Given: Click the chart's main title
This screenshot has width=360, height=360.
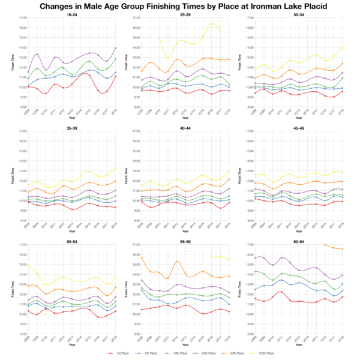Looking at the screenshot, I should click(180, 6).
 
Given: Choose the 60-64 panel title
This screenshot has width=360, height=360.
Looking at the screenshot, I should click(299, 241).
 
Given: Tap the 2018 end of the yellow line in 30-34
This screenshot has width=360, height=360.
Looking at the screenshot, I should click(343, 47).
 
